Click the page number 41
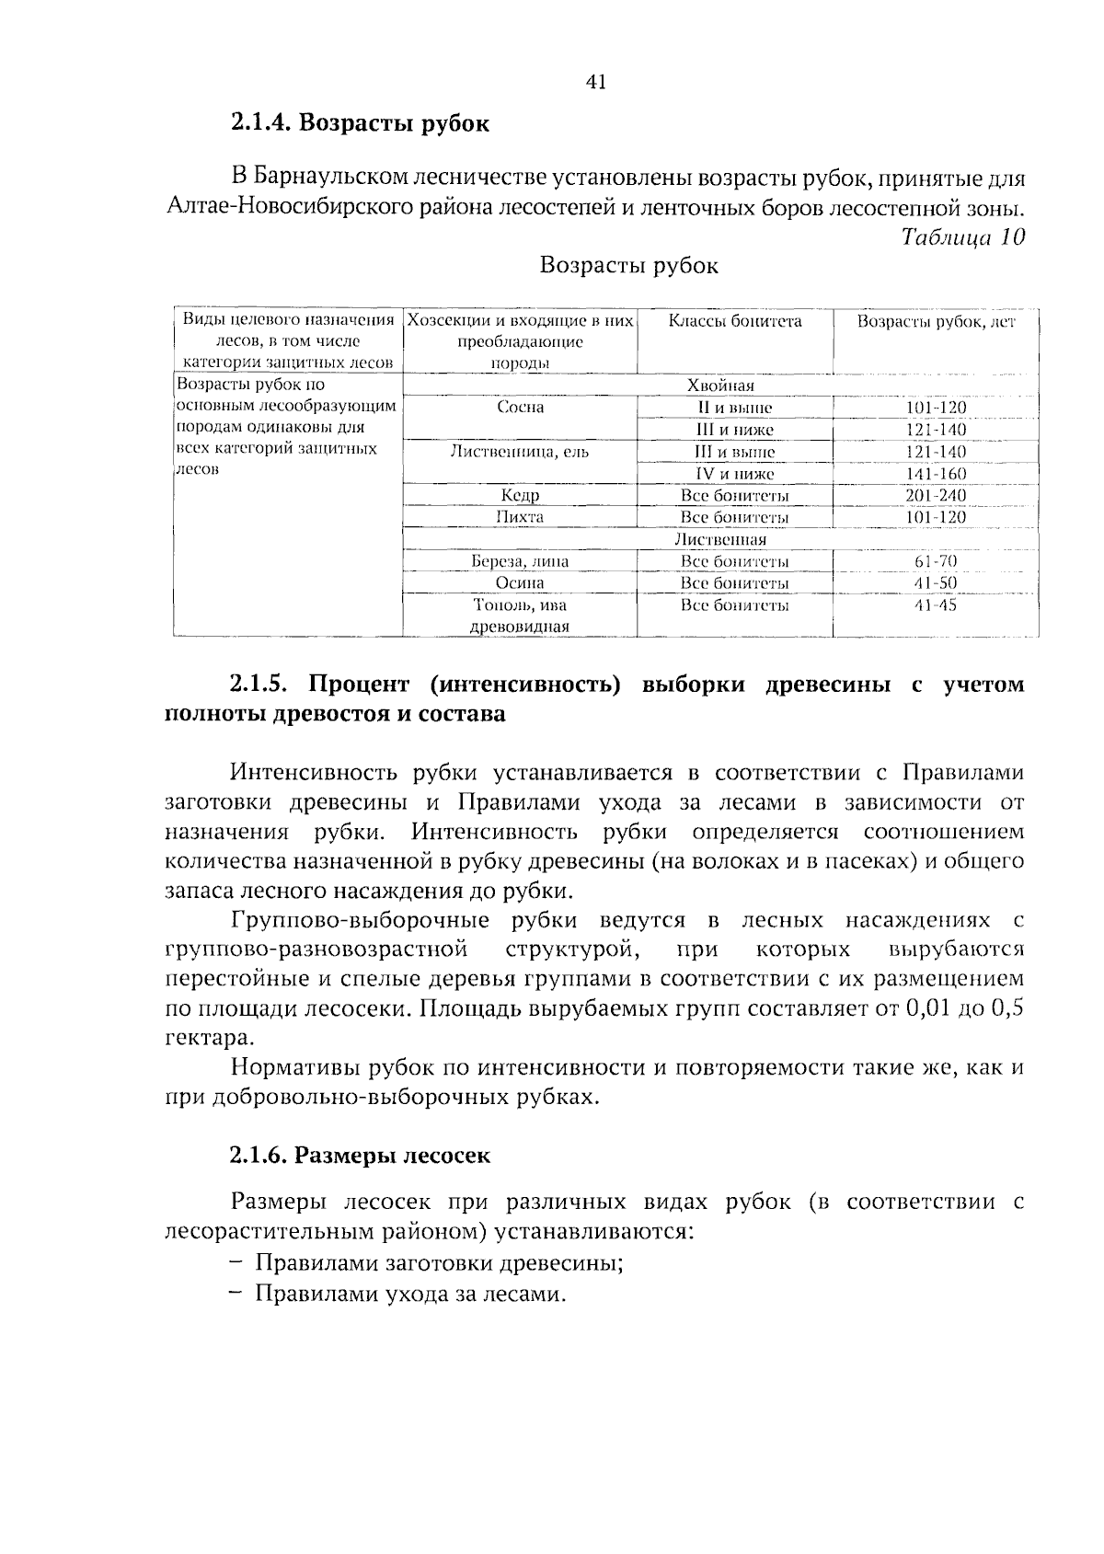click(595, 83)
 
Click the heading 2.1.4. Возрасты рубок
click(360, 123)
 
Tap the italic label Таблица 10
click(962, 237)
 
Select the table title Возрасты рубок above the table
click(629, 266)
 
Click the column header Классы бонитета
click(734, 321)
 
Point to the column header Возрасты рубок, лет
click(936, 322)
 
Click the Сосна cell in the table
click(520, 408)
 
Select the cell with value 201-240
click(936, 496)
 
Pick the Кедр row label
click(520, 496)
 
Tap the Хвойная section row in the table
click(720, 386)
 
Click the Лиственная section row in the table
click(720, 540)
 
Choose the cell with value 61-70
click(936, 561)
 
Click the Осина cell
click(520, 583)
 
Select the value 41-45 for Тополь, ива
click(936, 605)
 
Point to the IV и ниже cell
click(734, 474)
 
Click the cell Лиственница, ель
click(520, 452)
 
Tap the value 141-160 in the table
click(936, 474)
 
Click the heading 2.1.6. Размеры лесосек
click(360, 1156)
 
